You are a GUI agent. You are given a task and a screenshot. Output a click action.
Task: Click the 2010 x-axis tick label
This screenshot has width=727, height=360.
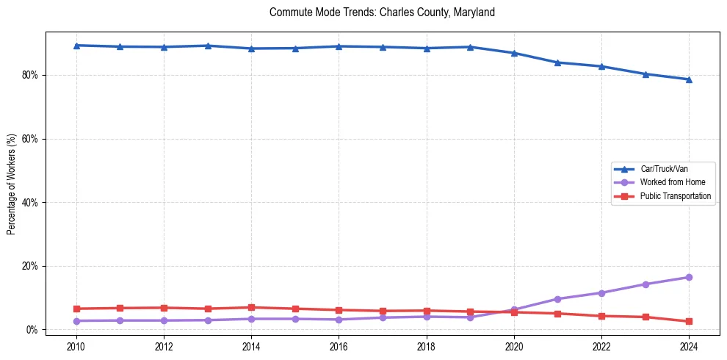pos(76,345)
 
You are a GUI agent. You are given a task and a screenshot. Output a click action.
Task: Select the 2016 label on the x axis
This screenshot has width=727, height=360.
pos(339,345)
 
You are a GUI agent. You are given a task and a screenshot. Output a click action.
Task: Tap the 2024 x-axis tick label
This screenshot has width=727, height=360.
pos(689,345)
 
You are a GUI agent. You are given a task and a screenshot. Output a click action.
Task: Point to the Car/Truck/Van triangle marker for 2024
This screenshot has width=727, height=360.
pos(689,79)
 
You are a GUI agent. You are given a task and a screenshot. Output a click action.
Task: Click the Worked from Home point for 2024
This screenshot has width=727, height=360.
pos(689,277)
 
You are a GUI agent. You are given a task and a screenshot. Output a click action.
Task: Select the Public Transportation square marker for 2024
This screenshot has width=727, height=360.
pos(689,321)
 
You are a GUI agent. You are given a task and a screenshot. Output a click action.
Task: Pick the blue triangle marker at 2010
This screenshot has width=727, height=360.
pos(76,46)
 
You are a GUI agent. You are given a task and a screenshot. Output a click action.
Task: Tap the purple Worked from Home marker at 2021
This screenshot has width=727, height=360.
pos(557,299)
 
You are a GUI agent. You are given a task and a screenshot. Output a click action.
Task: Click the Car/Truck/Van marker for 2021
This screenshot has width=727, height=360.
pos(557,62)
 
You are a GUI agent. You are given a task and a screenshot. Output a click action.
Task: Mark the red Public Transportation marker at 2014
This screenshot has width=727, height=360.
pos(251,307)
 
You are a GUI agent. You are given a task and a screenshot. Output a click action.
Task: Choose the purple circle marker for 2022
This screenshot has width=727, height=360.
pos(601,292)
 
